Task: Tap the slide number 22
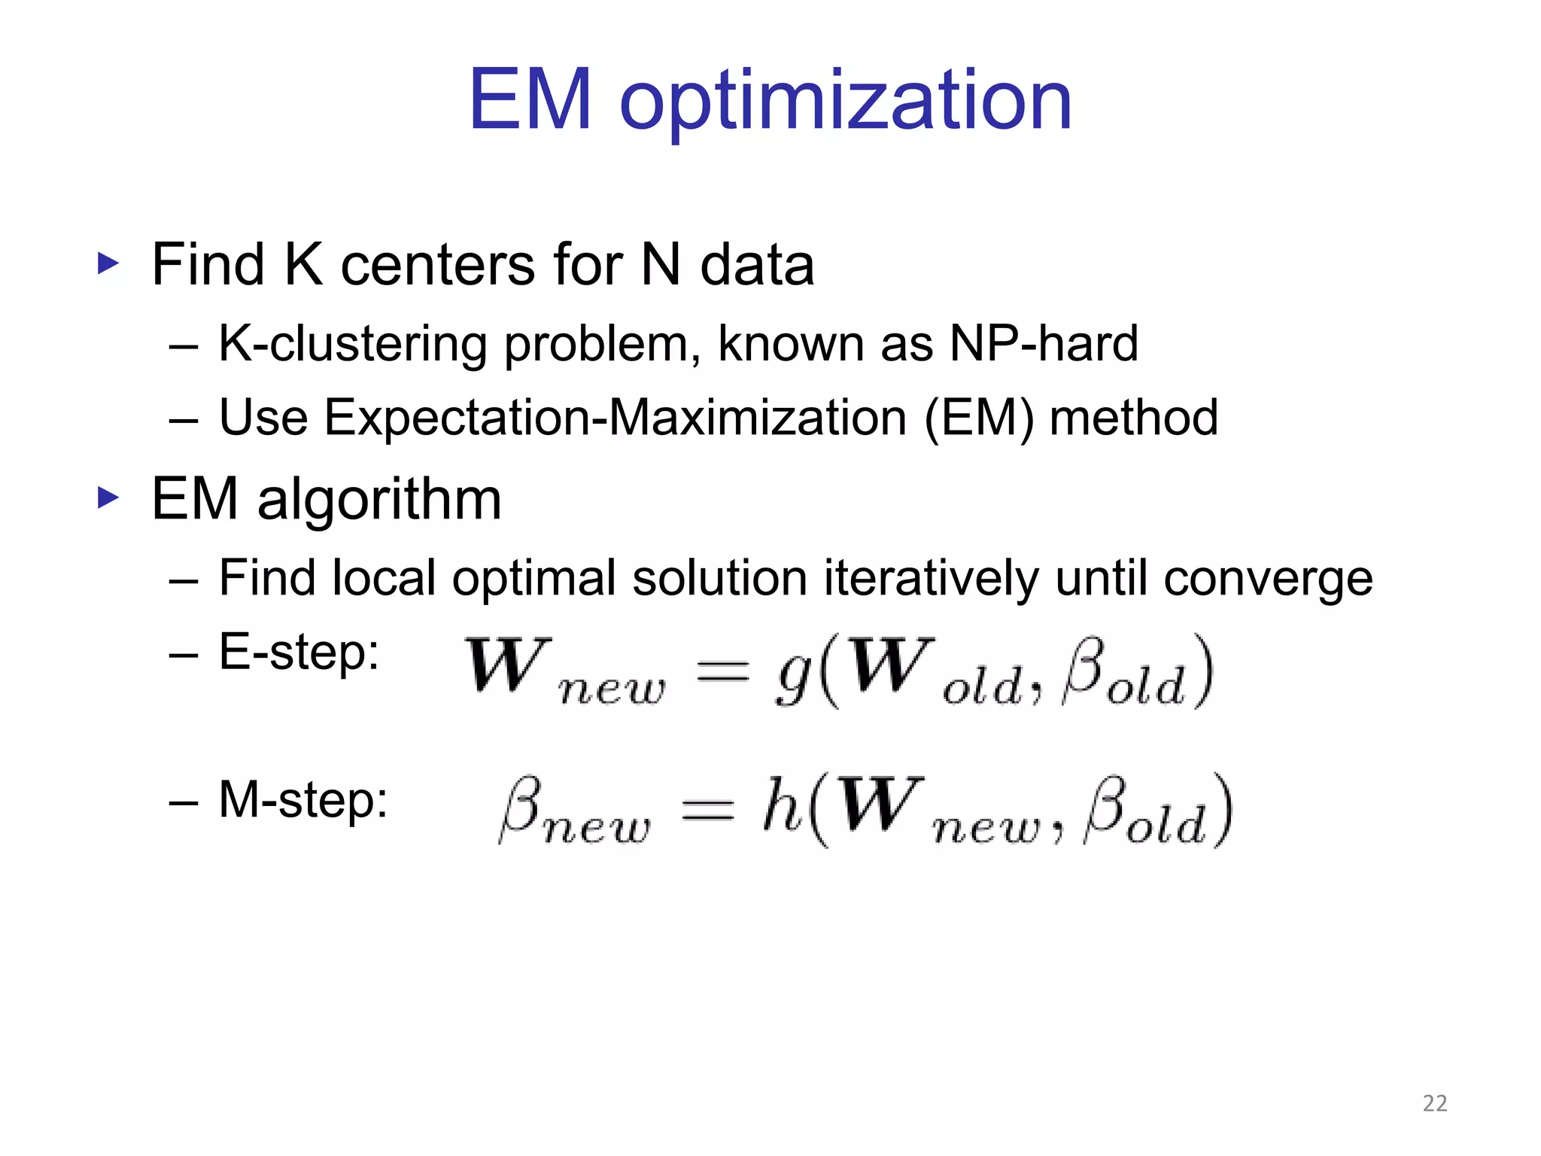(1435, 1103)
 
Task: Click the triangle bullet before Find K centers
(108, 263)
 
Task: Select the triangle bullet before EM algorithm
(108, 497)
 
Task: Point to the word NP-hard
(1044, 344)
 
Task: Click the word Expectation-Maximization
(615, 418)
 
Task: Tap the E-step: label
(299, 652)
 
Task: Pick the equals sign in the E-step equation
(722, 669)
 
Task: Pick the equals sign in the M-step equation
(707, 810)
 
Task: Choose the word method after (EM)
(1133, 418)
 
